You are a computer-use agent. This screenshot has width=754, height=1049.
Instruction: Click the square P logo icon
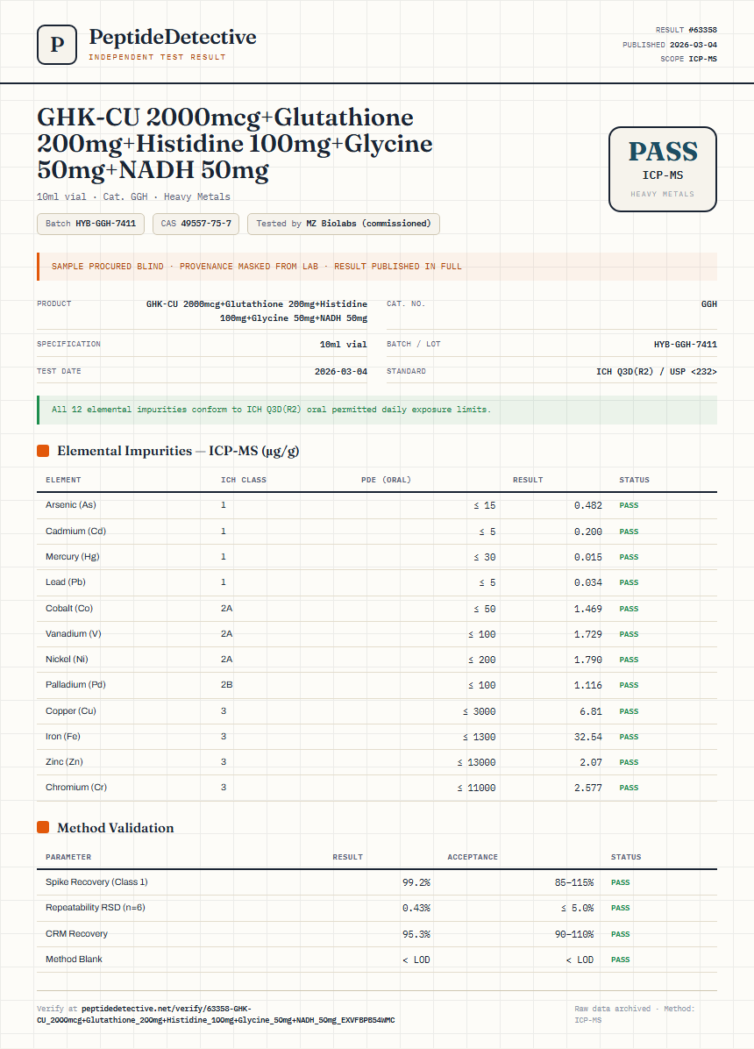[x=57, y=45]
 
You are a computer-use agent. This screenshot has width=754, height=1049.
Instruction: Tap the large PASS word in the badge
[x=663, y=152]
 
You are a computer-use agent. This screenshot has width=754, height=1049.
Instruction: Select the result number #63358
[x=702, y=30]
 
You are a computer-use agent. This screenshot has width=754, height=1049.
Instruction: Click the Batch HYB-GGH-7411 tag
[x=90, y=224]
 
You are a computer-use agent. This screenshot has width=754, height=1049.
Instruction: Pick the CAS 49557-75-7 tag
[x=196, y=224]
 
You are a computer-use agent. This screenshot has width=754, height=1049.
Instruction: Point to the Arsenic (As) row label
[x=71, y=505]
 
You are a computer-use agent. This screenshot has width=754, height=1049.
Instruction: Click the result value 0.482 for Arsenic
[x=588, y=506]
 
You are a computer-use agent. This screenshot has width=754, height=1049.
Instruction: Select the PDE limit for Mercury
[x=485, y=557]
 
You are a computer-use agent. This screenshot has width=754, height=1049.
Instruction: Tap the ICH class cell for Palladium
[x=227, y=685]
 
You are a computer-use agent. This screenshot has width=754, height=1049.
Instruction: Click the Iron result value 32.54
[x=588, y=738]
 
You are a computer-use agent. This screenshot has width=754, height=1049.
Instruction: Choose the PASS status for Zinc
[x=629, y=763]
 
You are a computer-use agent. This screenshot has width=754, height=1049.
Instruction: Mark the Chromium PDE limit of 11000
[x=476, y=789]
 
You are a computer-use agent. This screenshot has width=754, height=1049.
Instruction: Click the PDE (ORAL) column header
[x=386, y=480]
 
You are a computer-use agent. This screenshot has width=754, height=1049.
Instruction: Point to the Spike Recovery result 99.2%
[x=416, y=883]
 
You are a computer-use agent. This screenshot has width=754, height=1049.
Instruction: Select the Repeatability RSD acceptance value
[x=578, y=909]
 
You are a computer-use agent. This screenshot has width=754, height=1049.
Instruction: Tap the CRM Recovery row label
[x=76, y=934]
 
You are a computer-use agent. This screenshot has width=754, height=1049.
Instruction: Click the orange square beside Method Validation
[x=43, y=828]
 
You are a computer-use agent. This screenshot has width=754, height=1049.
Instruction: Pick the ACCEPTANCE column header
[x=473, y=857]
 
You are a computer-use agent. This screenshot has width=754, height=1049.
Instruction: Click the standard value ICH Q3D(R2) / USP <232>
[x=657, y=372]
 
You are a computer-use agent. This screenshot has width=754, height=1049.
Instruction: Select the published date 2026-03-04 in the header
[x=694, y=45]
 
